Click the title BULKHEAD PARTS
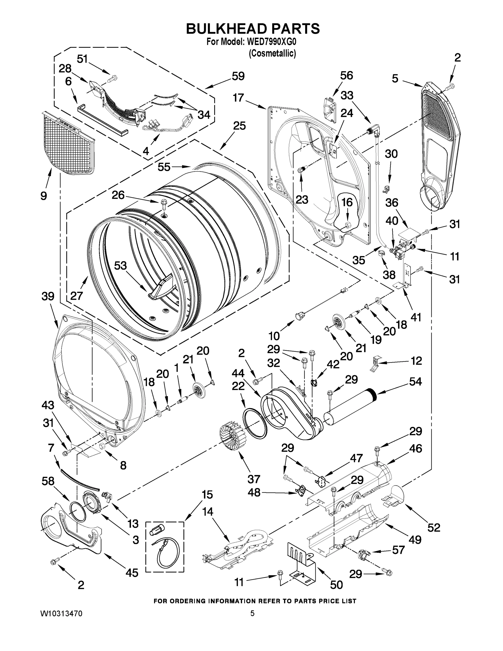(253, 29)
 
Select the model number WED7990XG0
(271, 42)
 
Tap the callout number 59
(238, 76)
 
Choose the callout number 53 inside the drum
(120, 266)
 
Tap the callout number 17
(238, 98)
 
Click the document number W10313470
(61, 613)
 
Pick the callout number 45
(132, 572)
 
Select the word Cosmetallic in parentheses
(272, 53)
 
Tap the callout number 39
(48, 296)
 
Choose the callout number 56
(347, 75)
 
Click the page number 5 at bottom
(252, 613)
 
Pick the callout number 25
(239, 126)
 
